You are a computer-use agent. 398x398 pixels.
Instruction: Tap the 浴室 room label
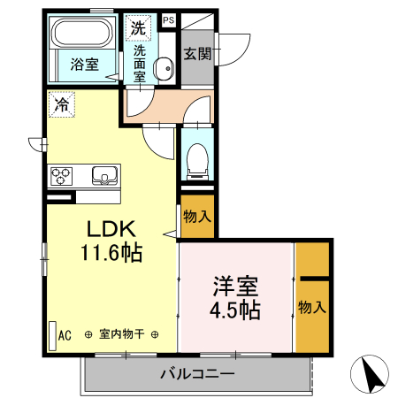coord(84,64)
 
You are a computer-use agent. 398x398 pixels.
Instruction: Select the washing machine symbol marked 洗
coord(138,27)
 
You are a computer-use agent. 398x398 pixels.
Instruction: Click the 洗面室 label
coord(140,64)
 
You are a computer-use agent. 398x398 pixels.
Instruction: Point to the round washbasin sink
coord(163,67)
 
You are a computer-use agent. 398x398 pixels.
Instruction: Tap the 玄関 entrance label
coord(197,53)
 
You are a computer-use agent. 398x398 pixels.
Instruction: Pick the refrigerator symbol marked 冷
coord(61,103)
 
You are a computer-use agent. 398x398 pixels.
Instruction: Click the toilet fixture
coord(196,159)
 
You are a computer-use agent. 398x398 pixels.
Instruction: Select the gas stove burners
coord(61,175)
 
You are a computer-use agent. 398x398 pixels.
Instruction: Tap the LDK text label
coord(109,228)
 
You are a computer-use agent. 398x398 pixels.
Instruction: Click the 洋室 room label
coord(235,287)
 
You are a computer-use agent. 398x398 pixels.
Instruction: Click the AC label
coord(65,334)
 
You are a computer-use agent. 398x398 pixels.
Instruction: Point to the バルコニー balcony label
coord(197,373)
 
